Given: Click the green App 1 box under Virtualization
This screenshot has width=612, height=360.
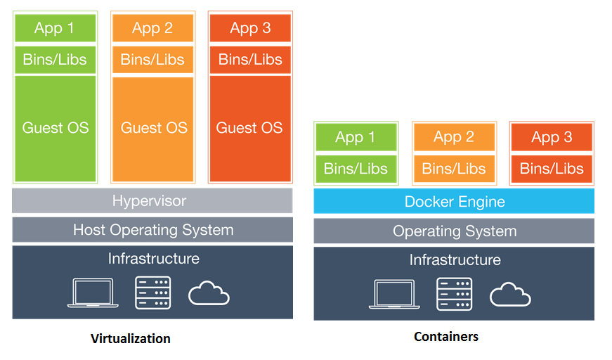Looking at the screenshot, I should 55,28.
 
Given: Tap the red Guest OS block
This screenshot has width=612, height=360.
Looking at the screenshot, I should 250,127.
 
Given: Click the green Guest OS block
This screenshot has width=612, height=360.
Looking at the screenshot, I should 55,127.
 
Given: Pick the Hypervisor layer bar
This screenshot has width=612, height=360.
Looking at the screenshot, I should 152,201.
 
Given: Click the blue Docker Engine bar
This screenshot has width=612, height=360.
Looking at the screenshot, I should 454,202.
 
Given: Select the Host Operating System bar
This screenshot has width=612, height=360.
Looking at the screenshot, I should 152,230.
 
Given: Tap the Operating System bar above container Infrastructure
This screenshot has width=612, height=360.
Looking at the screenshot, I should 454,231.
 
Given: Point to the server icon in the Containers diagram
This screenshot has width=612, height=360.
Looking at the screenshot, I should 454,294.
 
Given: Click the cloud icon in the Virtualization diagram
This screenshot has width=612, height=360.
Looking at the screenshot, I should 209,293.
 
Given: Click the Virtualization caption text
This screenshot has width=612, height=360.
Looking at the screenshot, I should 131,339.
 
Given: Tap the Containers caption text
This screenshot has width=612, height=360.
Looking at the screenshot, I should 446,337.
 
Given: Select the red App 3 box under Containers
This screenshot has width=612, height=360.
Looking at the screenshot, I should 552,137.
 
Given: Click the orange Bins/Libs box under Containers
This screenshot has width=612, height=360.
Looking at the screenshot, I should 454,169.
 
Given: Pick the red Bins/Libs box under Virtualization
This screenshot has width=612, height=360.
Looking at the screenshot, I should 250,60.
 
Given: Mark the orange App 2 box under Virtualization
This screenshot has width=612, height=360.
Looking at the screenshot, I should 152,28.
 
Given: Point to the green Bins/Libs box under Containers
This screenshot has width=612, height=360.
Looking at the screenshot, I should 356,169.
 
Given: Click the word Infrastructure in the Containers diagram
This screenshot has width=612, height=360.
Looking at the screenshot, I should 455,260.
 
